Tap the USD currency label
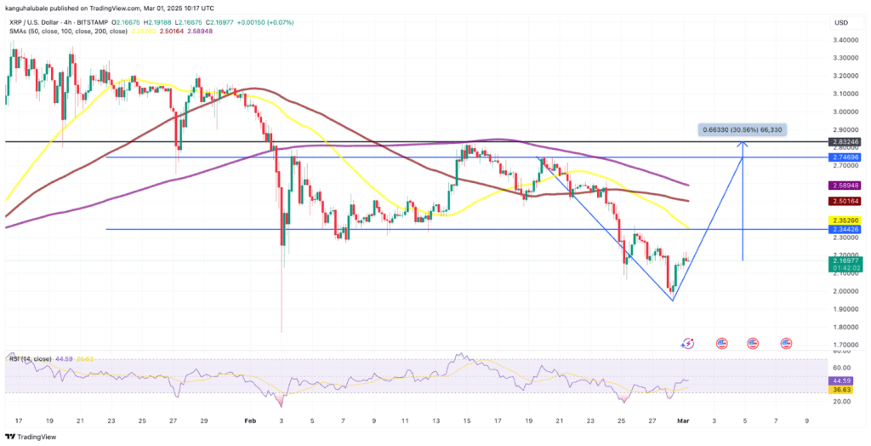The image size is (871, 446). pos(840,22)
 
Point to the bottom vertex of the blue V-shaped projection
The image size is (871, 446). pos(673,300)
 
